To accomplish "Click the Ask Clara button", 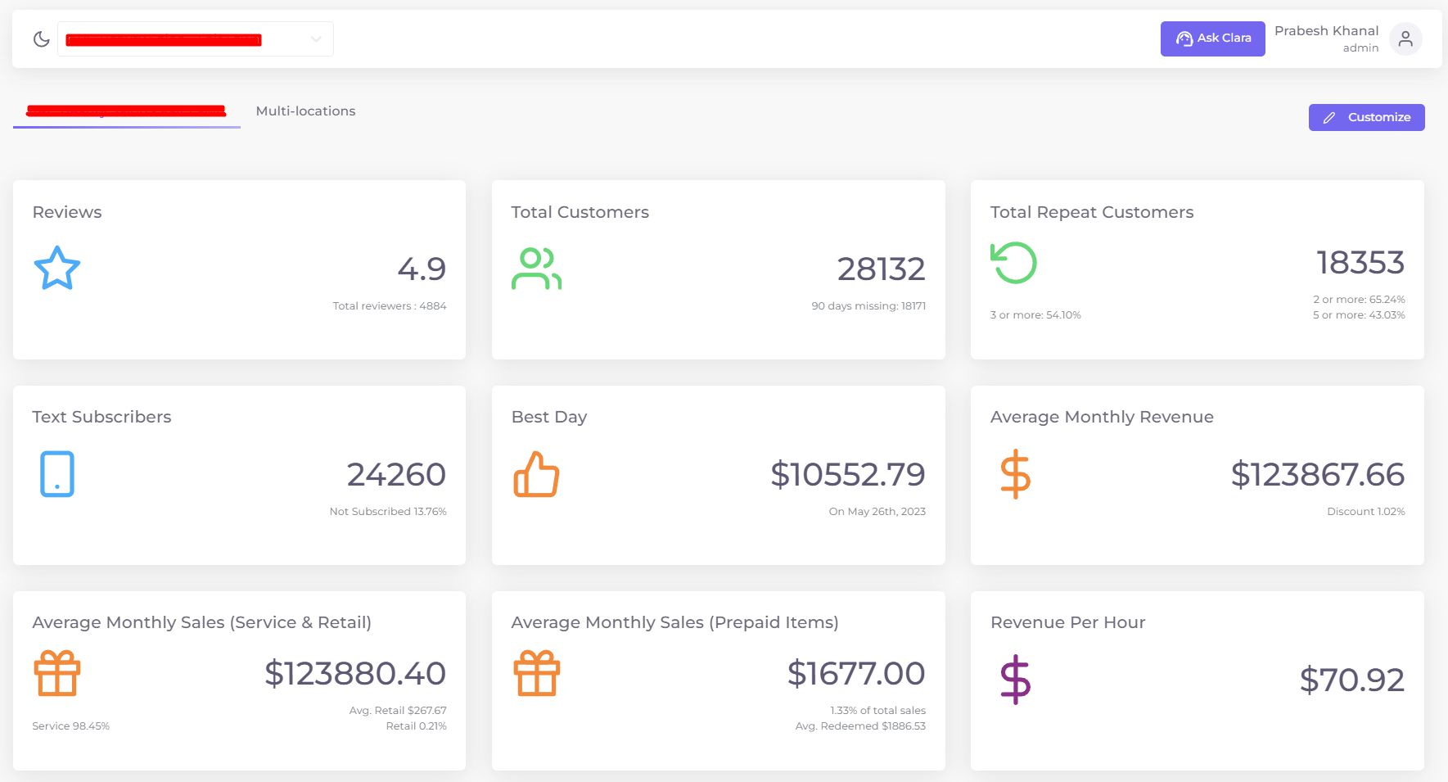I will point(1212,38).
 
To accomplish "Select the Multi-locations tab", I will point(305,111).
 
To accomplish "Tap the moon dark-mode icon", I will point(41,39).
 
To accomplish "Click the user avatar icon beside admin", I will point(1405,38).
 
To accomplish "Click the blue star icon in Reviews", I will point(56,269).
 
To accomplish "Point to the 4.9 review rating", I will point(422,269).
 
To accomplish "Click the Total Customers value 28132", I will point(881,269).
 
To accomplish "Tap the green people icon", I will point(536,269).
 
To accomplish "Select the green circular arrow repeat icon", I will point(1013,263).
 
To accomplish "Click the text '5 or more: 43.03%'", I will point(1359,315).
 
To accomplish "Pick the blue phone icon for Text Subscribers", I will point(57,474).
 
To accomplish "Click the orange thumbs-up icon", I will point(536,475).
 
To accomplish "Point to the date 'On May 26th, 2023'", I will point(877,512).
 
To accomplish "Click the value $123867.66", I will point(1317,475).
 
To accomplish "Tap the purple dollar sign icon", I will point(1015,680).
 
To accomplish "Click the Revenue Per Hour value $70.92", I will point(1351,680).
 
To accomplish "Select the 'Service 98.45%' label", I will point(70,726).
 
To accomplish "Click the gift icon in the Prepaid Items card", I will point(536,673).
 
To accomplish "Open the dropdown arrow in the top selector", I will point(316,39).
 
